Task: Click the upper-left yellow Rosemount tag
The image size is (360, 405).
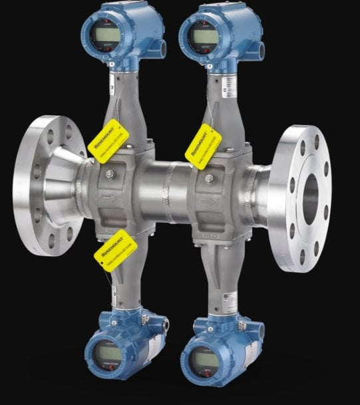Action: (x=107, y=138)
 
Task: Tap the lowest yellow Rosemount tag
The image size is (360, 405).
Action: (x=110, y=254)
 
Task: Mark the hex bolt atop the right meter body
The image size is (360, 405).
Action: (x=209, y=178)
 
